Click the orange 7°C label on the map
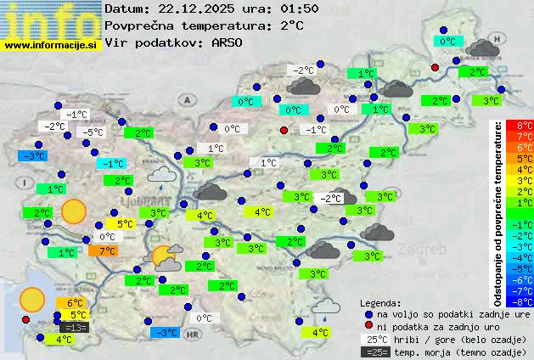pos(107,251)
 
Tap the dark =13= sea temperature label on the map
pos(74,328)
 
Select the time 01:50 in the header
pos(299,8)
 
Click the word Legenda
pos(380,302)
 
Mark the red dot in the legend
pos(368,326)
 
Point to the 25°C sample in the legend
pos(374,339)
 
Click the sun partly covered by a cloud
pos(164,256)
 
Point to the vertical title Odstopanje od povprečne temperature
pos(498,212)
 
